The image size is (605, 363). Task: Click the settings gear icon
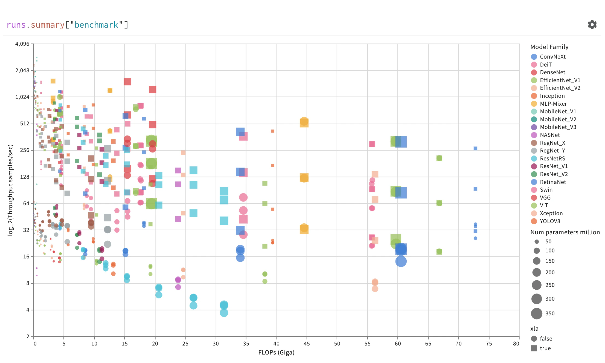coord(592,25)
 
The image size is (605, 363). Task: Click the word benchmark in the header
coord(96,25)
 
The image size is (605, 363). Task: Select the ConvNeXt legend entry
coord(552,57)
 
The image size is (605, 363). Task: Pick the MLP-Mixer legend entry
coord(553,104)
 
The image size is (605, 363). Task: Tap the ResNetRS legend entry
coord(552,159)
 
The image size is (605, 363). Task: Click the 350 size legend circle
coord(537,313)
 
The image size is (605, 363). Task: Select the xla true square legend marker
coord(534,348)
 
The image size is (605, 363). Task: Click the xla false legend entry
coord(546,339)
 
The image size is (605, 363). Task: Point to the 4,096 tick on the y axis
coord(22,44)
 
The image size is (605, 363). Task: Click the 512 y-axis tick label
coord(25,123)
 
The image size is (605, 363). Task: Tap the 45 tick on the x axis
coord(307,344)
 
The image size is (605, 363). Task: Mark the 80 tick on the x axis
coord(516,344)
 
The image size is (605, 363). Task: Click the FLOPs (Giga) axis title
coord(276,352)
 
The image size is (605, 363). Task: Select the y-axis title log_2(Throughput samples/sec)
coord(10,190)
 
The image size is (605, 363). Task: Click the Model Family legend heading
coord(549,47)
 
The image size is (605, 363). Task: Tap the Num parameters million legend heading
coord(565,232)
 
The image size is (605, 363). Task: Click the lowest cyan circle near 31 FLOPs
coord(224,313)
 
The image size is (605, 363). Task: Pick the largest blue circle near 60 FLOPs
coord(401,261)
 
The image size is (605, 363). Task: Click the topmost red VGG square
coord(127,82)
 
